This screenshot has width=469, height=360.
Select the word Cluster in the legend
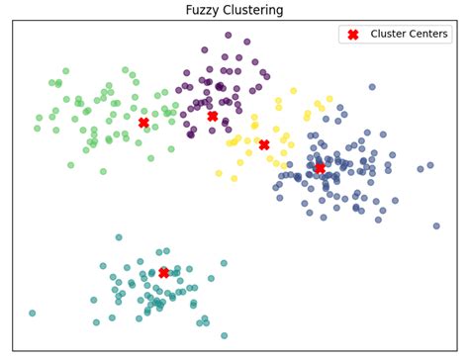tap(392, 35)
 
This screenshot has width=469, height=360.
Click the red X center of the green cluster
tap(143, 123)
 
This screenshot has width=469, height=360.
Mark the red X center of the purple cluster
tap(212, 116)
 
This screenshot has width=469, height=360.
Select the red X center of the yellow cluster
tap(264, 144)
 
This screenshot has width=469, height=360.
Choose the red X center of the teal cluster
tap(163, 272)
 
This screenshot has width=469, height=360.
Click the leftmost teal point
tap(32, 314)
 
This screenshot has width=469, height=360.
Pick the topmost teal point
tap(119, 237)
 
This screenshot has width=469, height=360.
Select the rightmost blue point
tap(436, 226)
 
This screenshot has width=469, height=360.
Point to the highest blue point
tap(372, 87)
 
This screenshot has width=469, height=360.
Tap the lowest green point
tap(103, 171)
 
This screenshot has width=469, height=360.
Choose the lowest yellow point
tap(234, 179)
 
